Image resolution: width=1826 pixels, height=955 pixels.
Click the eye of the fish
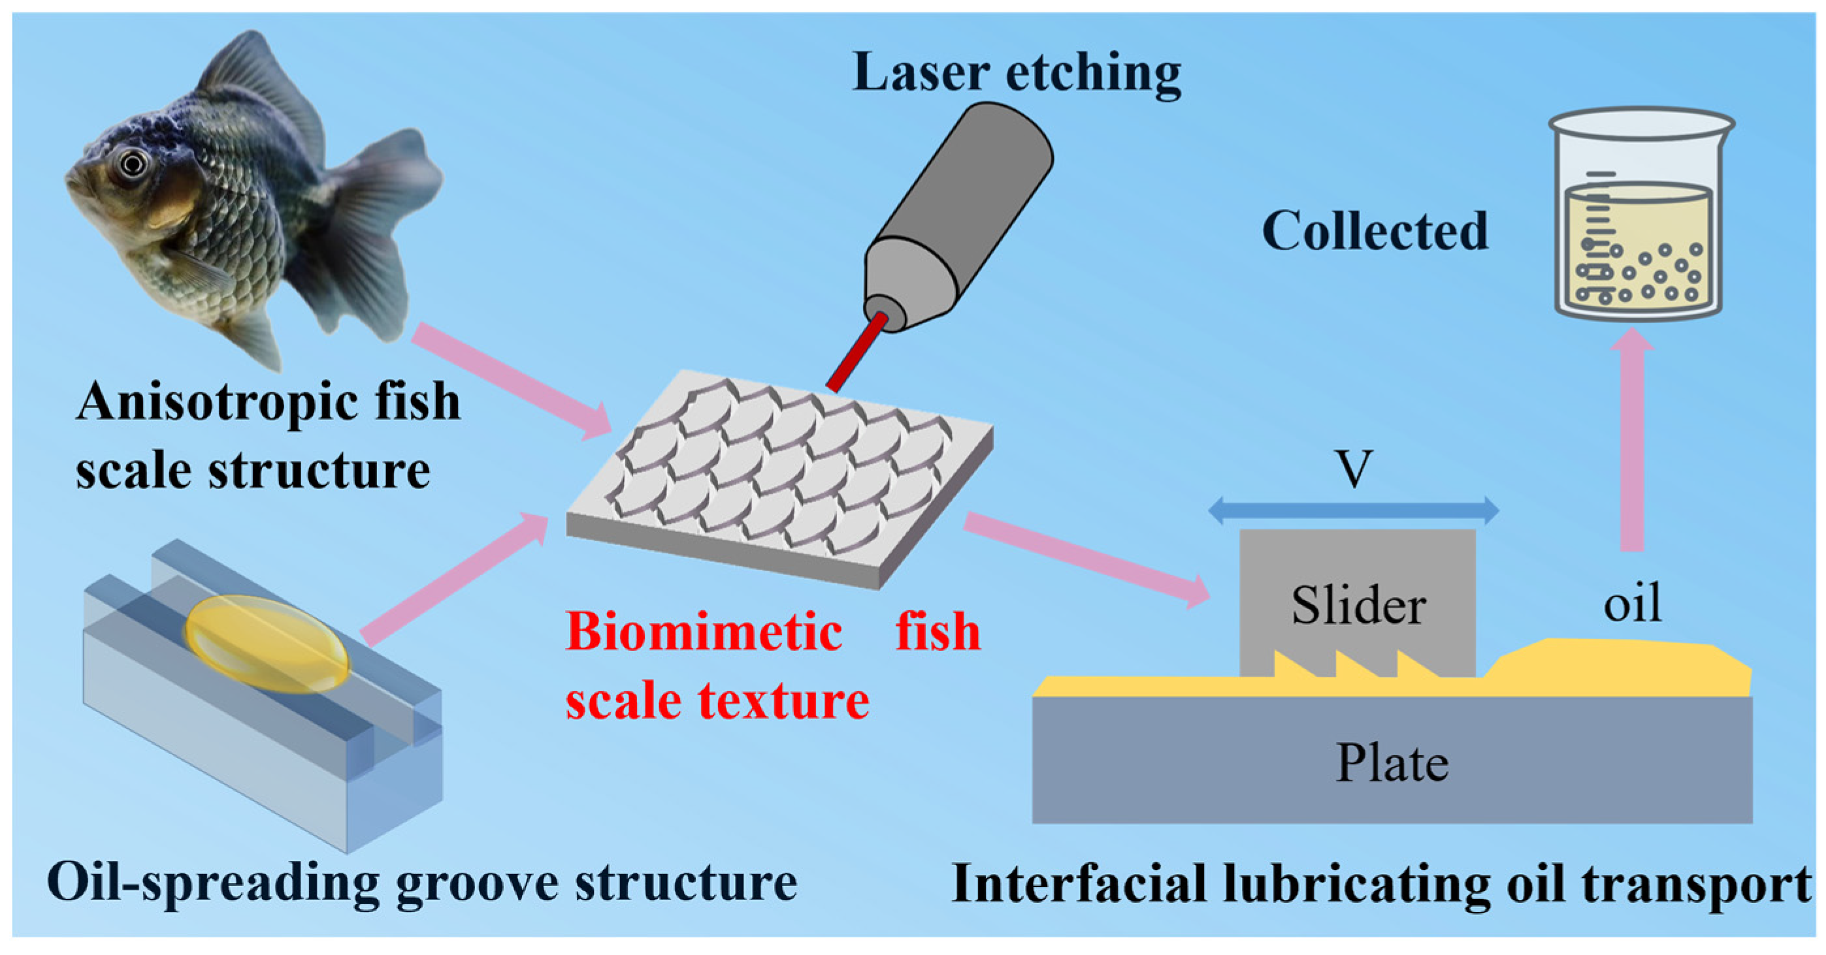(133, 164)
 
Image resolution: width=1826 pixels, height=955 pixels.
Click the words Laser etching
(1016, 73)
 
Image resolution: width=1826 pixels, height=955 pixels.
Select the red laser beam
(858, 351)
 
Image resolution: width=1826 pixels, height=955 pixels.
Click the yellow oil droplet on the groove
(267, 643)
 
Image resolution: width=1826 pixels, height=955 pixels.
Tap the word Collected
(1375, 232)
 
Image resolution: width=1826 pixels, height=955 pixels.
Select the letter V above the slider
(1354, 469)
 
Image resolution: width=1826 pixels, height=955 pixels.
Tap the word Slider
(1358, 606)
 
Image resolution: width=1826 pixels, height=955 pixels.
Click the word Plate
(1392, 764)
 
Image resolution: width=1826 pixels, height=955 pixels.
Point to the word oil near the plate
(1632, 603)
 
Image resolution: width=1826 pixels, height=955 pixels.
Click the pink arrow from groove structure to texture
(453, 578)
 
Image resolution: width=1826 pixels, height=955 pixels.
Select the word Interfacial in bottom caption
(1078, 884)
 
